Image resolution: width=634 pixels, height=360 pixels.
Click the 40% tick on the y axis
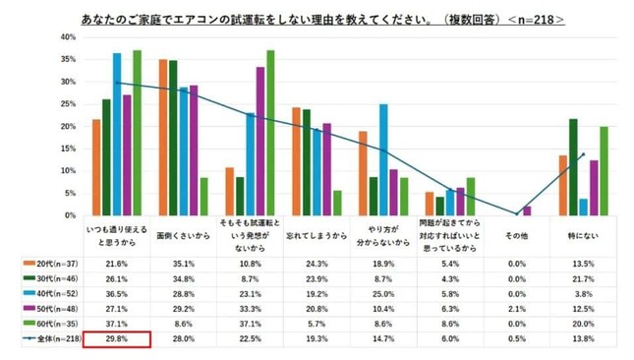(67, 37)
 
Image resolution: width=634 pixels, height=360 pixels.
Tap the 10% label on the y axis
(67, 170)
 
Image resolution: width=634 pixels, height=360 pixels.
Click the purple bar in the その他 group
(527, 210)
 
